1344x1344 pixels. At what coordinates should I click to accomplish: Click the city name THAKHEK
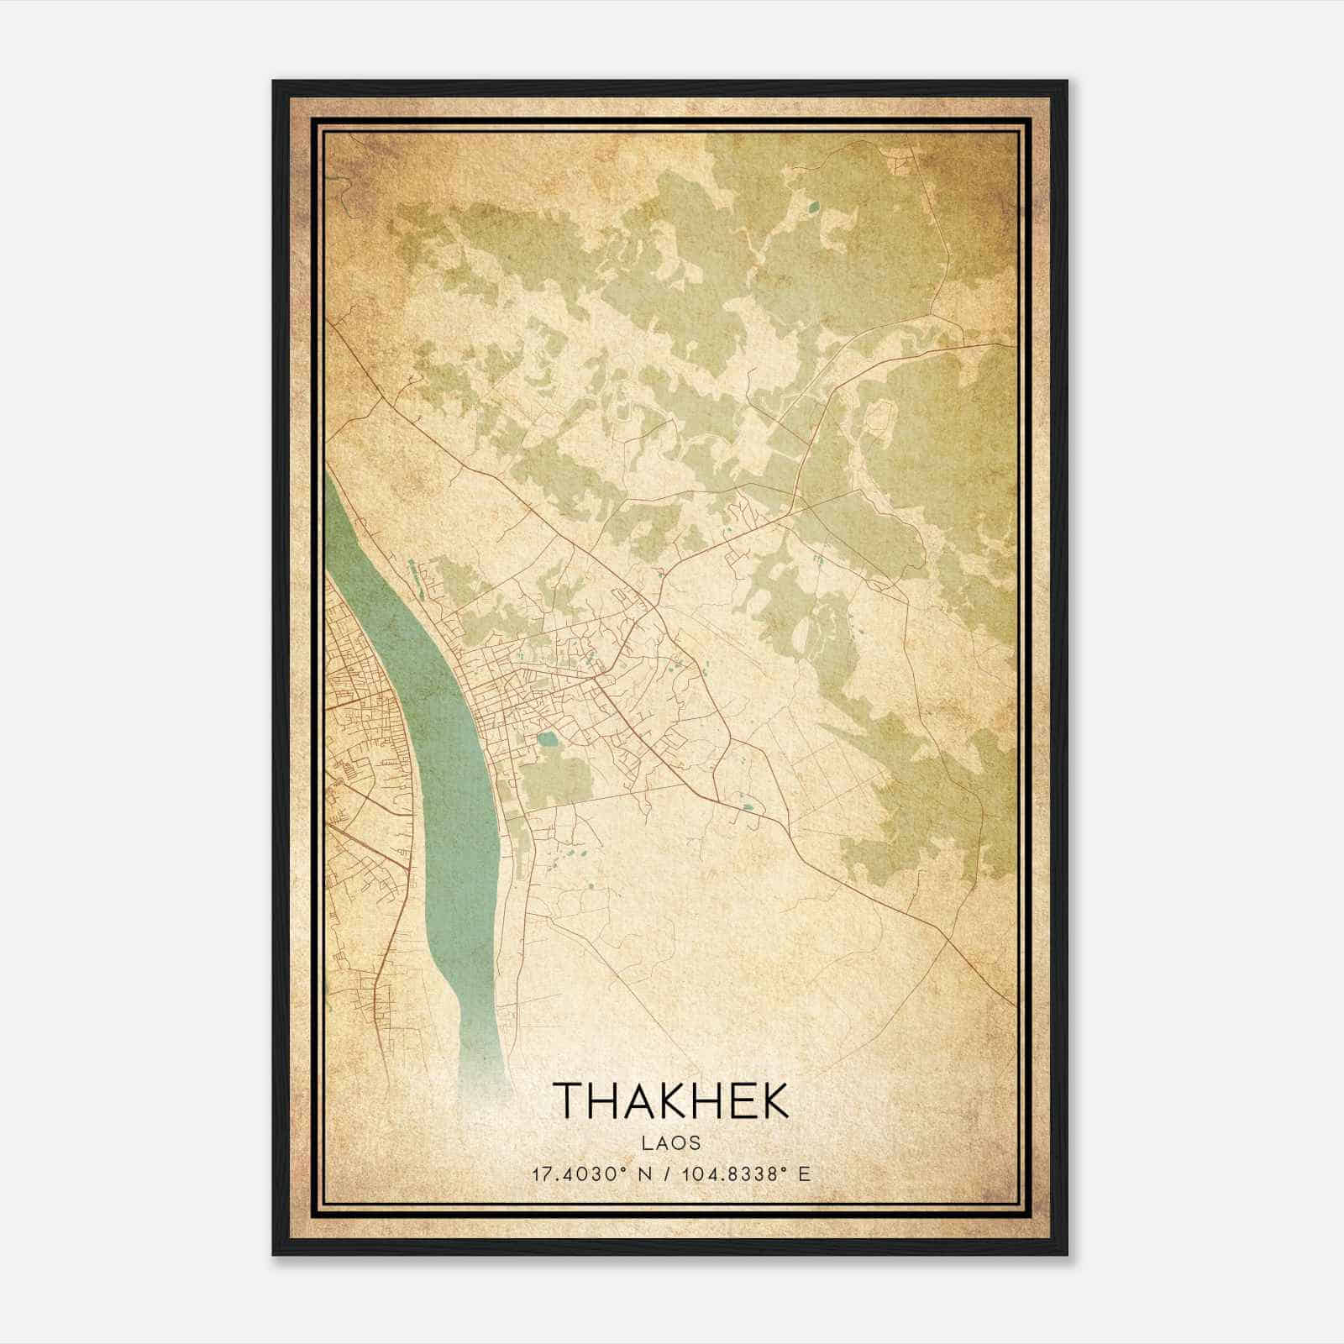671,1100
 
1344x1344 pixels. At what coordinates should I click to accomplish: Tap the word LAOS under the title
671,1142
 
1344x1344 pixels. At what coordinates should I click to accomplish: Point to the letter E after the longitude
806,1174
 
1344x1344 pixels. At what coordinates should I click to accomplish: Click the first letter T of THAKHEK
569,1100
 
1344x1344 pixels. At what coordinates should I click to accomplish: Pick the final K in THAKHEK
774,1100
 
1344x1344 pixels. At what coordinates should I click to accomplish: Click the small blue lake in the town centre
548,740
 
